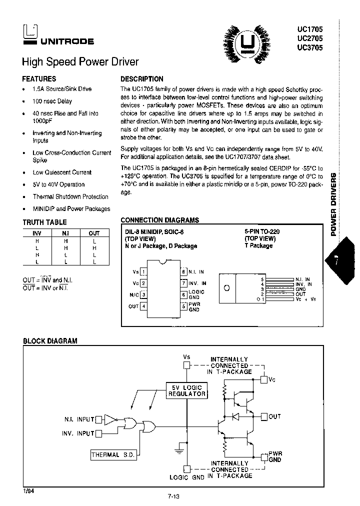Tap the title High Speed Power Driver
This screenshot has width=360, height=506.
[80, 62]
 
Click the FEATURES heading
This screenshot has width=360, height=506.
[39, 79]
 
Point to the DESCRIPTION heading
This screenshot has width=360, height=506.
[142, 79]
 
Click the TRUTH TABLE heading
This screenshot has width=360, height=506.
[44, 222]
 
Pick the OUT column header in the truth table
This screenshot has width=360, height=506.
[94, 233]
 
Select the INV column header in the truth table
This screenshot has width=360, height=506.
[37, 233]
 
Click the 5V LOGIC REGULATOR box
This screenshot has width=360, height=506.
[186, 390]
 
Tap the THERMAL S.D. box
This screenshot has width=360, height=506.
[113, 454]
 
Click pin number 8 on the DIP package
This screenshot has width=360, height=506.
[183, 271]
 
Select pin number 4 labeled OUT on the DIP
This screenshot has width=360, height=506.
[144, 306]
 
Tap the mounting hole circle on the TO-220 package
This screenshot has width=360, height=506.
[226, 288]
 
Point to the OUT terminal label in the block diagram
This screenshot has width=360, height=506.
[274, 416]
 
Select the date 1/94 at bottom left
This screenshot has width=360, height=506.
[28, 491]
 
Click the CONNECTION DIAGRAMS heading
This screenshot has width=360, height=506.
[159, 220]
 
